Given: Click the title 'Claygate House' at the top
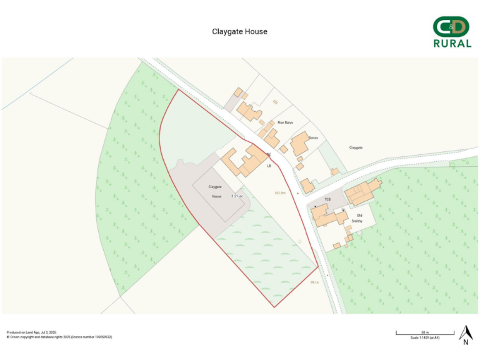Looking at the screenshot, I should [239, 31].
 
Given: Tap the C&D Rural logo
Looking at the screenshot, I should [452, 32].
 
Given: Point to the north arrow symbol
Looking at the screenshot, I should [466, 335].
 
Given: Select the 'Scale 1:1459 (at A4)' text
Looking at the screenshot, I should [425, 337].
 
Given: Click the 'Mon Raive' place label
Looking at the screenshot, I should [285, 122].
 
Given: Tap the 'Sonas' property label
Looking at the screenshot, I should [314, 137].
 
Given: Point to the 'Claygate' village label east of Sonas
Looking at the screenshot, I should [356, 147].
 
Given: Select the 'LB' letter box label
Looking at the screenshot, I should [269, 166].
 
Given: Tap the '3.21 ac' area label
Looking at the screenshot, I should [237, 196].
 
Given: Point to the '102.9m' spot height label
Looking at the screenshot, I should [279, 192].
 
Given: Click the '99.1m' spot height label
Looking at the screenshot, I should [314, 282].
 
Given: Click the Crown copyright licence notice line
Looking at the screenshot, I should [59, 337].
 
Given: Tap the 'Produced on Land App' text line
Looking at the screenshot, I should [31, 332].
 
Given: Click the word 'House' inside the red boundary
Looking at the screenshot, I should [216, 196].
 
